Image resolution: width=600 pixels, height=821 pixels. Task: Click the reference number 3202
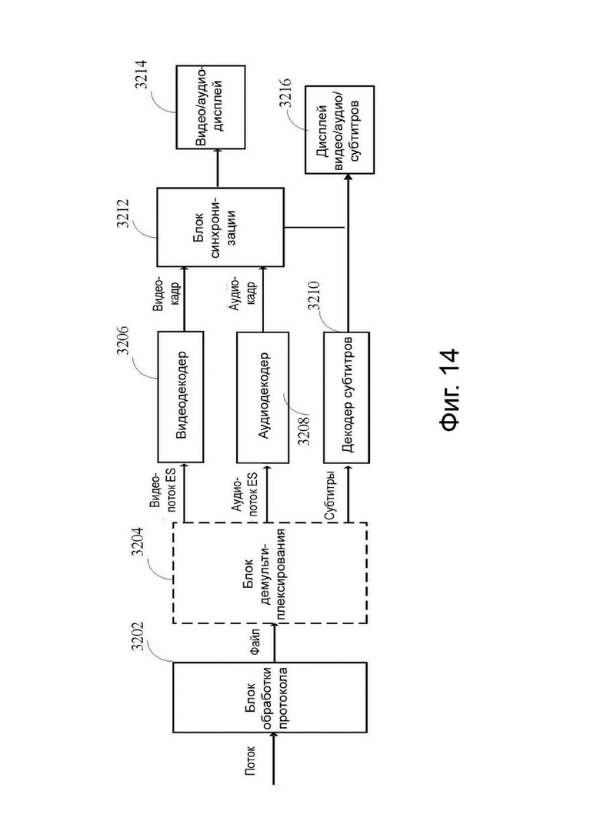(x=138, y=636)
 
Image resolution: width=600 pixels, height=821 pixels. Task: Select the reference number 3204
(x=138, y=541)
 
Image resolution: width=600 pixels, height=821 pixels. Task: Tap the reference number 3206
(x=124, y=340)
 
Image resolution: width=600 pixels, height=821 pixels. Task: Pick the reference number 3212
(x=124, y=212)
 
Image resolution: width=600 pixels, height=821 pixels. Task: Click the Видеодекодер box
(x=181, y=396)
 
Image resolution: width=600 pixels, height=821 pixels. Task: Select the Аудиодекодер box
(x=262, y=396)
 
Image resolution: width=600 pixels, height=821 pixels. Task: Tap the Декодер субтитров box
(x=346, y=397)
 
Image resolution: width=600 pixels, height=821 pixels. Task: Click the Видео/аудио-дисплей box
(x=211, y=107)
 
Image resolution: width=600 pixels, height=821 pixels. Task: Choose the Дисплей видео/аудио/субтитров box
(x=339, y=129)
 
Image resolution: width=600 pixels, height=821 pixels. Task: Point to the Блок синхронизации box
(x=220, y=227)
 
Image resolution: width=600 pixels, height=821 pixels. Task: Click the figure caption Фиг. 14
(x=450, y=389)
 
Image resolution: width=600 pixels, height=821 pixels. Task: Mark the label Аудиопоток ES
(x=245, y=496)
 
